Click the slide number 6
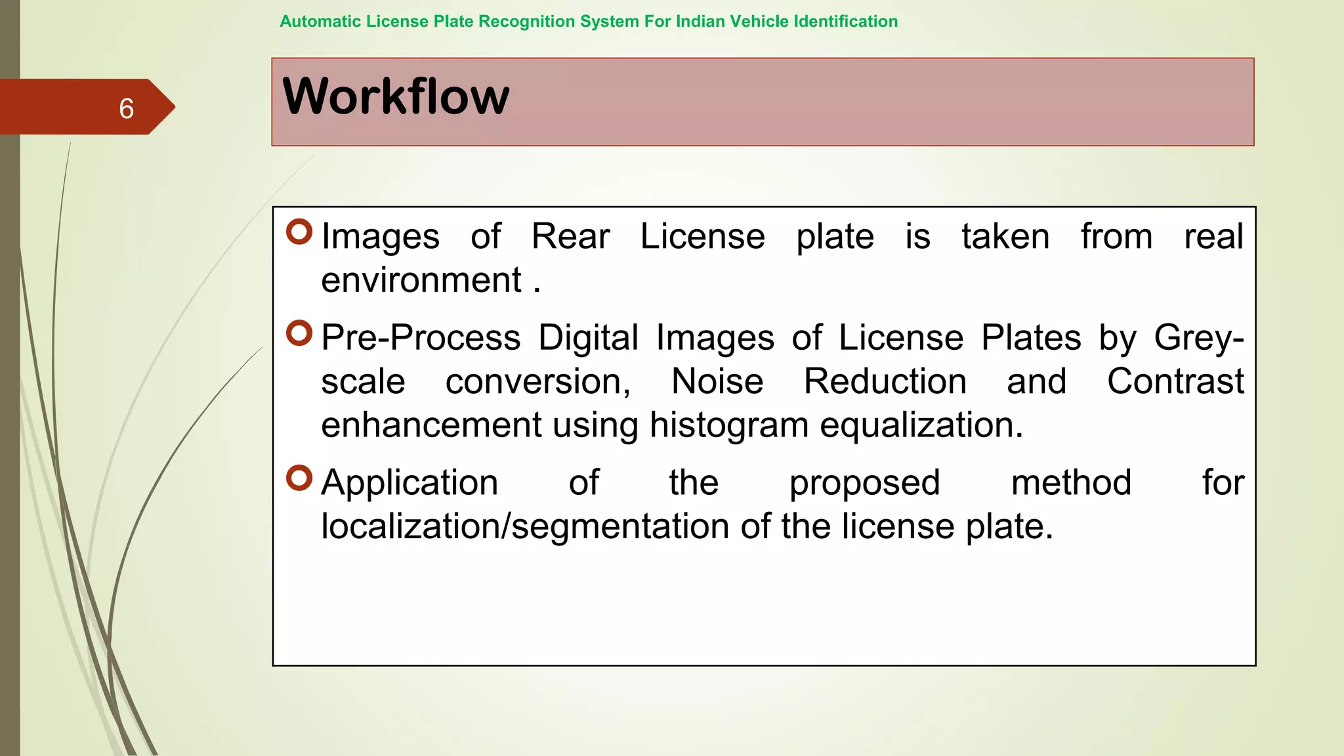pyautogui.click(x=127, y=108)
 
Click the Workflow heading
pyautogui.click(x=396, y=96)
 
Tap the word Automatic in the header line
pyautogui.click(x=320, y=22)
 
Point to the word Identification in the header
pyautogui.click(x=846, y=22)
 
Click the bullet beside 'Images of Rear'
pyautogui.click(x=299, y=232)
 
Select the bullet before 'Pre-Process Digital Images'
pyautogui.click(x=299, y=333)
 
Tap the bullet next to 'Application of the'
pyautogui.click(x=299, y=478)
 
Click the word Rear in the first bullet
pyautogui.click(x=570, y=236)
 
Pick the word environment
pyautogui.click(x=421, y=280)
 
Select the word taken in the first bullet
pyautogui.click(x=1005, y=236)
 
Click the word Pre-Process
pyautogui.click(x=421, y=338)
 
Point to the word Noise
pyautogui.click(x=717, y=381)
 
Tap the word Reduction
pyautogui.click(x=885, y=381)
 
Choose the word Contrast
pyautogui.click(x=1175, y=381)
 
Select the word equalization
pyautogui.click(x=921, y=425)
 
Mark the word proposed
pyautogui.click(x=864, y=484)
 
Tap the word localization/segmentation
pyautogui.click(x=525, y=526)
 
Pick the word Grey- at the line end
pyautogui.click(x=1198, y=338)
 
